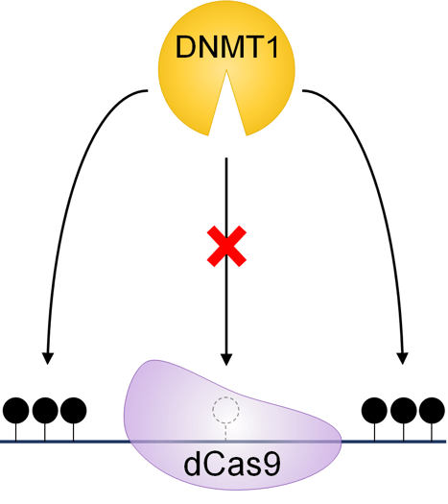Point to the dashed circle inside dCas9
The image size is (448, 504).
click(x=224, y=410)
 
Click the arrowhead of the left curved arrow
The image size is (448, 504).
click(x=48, y=359)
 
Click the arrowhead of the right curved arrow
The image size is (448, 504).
click(x=401, y=359)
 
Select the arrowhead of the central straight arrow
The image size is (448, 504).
click(x=224, y=359)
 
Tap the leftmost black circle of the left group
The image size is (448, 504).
click(x=17, y=411)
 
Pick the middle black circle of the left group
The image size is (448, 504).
click(x=44, y=411)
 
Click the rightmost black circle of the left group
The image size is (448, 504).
click(x=71, y=411)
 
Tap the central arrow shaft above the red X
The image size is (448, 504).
click(x=224, y=192)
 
